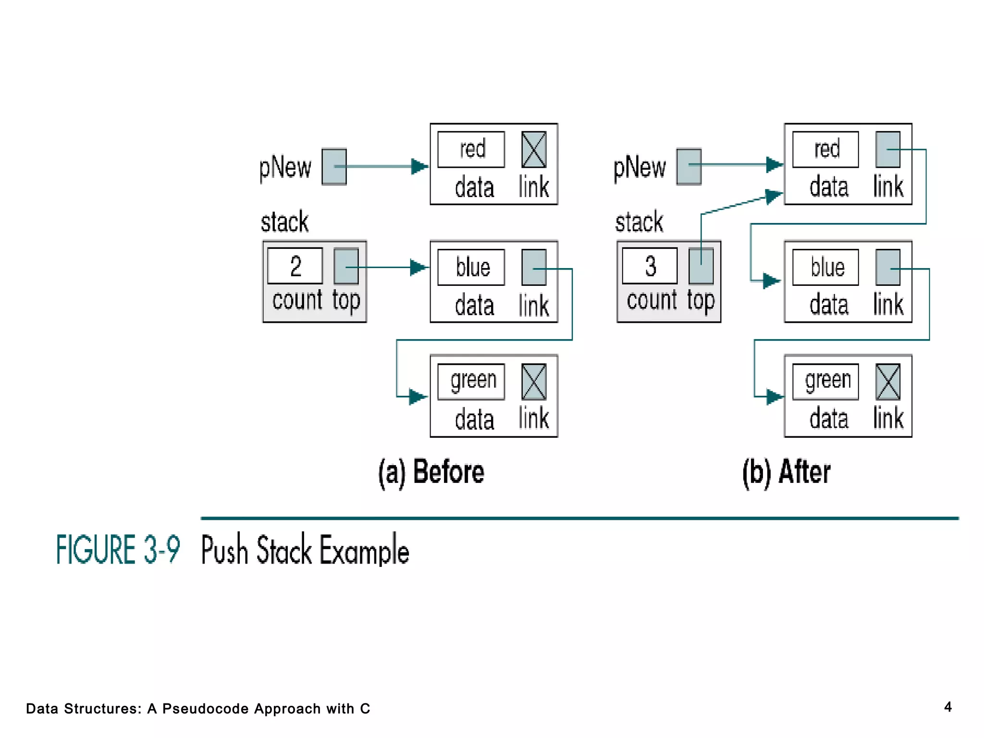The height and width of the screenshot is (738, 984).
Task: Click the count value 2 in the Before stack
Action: pos(295,266)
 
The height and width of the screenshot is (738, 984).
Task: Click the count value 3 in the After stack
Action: pos(650,266)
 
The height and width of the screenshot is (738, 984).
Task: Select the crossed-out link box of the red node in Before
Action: pos(534,149)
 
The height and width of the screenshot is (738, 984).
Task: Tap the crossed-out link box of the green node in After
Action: pos(888,382)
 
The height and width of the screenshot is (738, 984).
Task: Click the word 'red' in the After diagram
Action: pos(826,149)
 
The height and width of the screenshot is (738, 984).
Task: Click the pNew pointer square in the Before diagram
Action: pos(334,167)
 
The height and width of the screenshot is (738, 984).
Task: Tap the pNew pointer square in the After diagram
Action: pos(689,167)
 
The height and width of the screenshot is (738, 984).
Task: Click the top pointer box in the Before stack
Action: pos(346,266)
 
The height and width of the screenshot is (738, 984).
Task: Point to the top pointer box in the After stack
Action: pos(701,266)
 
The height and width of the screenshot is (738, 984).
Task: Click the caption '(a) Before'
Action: pos(431,472)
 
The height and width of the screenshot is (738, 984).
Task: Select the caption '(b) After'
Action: pos(786,472)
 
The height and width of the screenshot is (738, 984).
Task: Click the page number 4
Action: pos(947,707)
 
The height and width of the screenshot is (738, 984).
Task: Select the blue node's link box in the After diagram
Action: pos(888,267)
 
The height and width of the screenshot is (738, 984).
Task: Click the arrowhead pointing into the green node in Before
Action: pos(418,397)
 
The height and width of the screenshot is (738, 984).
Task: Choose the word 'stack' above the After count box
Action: pos(639,222)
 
